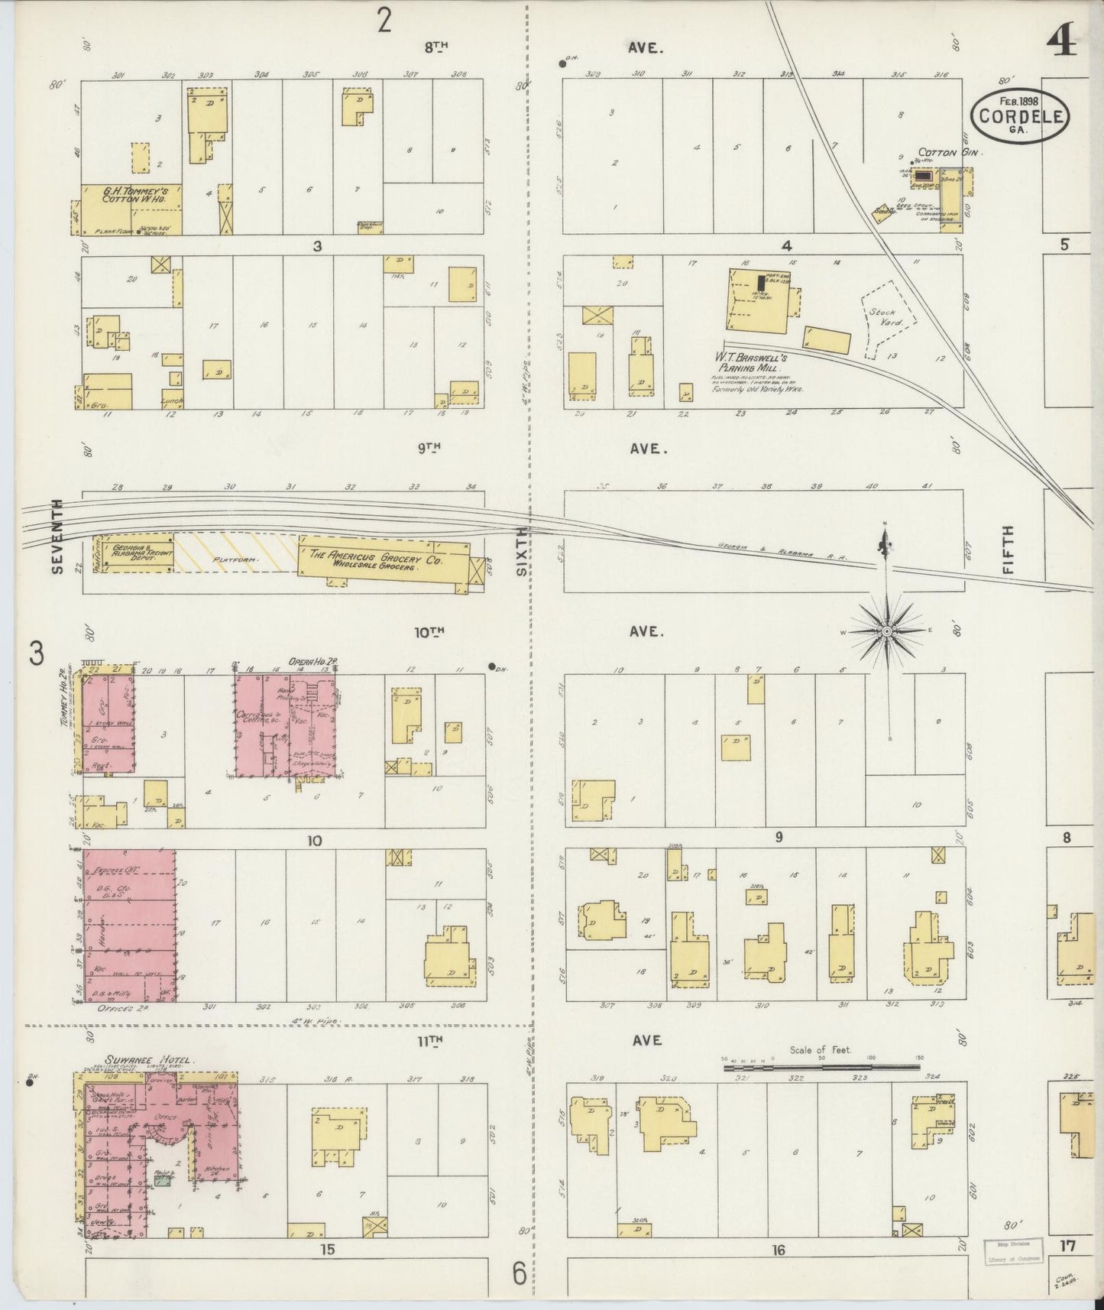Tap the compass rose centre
tap(886, 631)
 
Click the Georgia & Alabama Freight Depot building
tap(134, 553)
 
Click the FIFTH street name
tap(1008, 550)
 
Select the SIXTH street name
tap(522, 550)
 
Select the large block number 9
tap(779, 837)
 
